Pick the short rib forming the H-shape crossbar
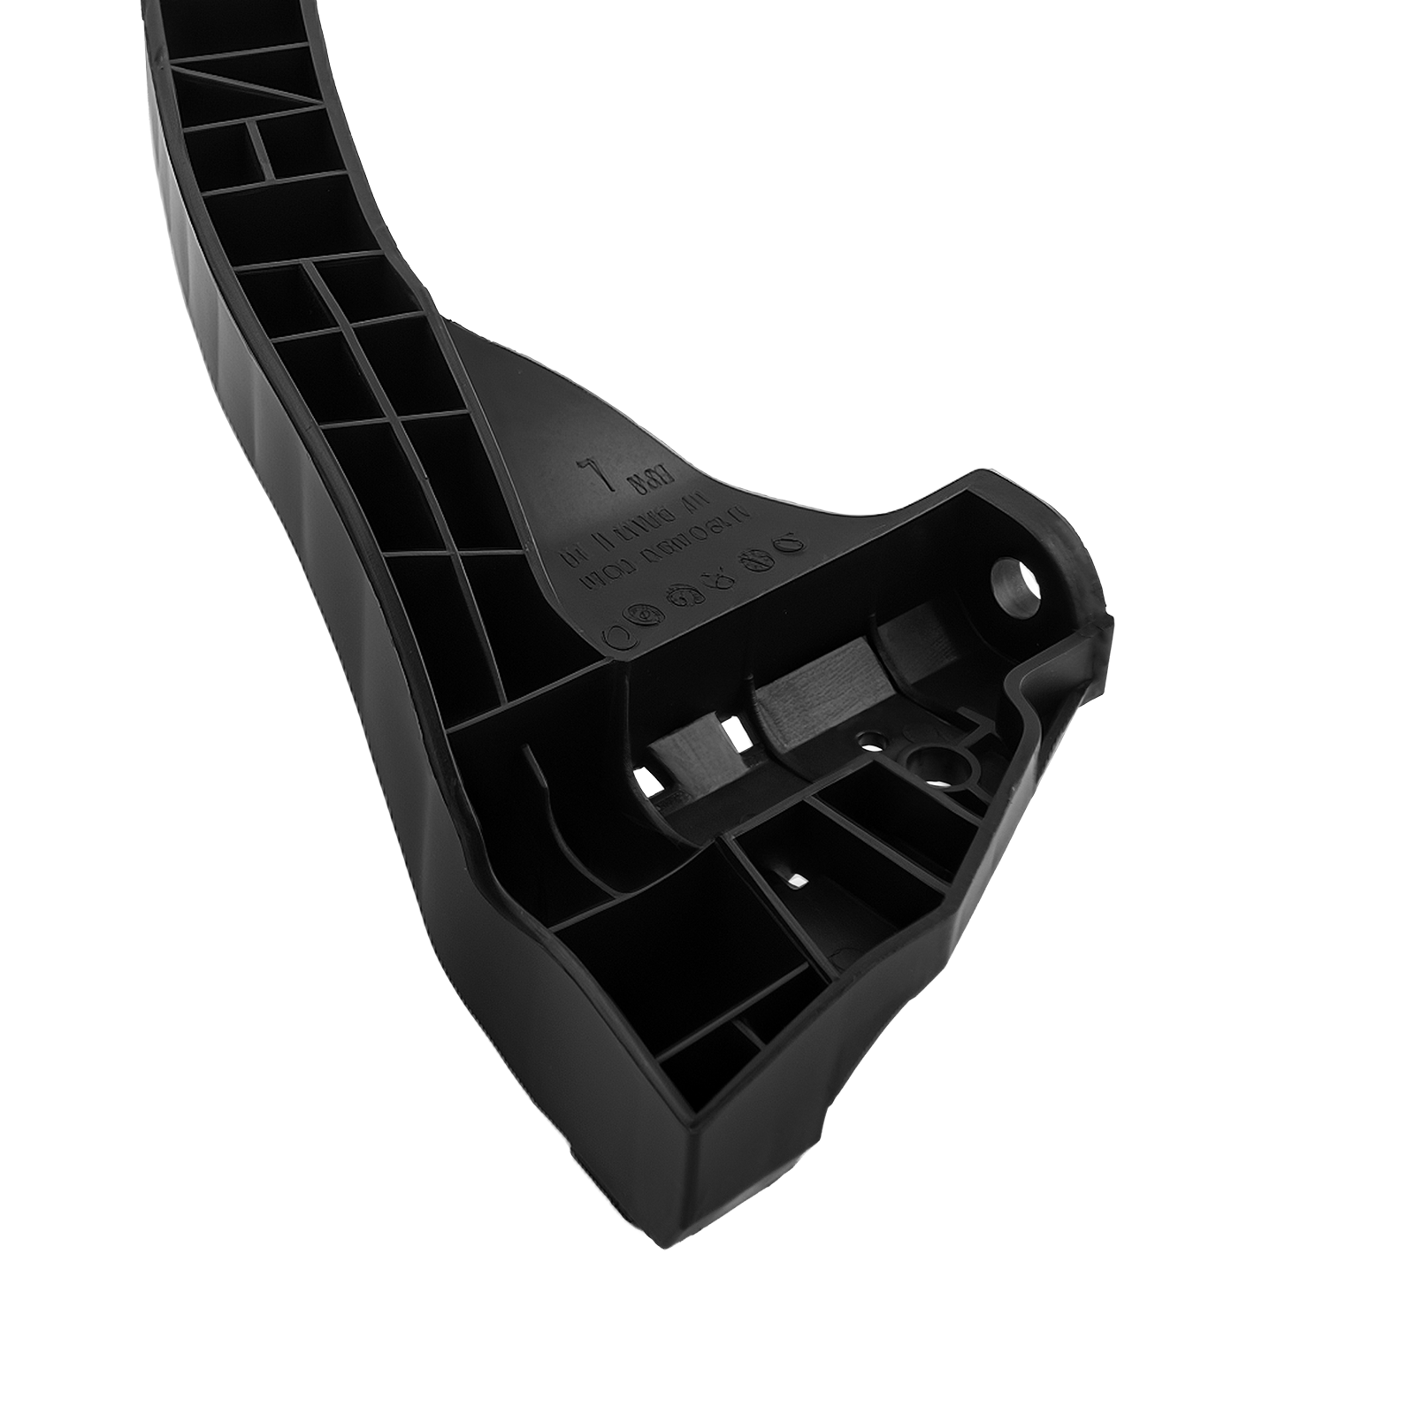[259, 149]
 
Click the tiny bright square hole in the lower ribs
[797, 880]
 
